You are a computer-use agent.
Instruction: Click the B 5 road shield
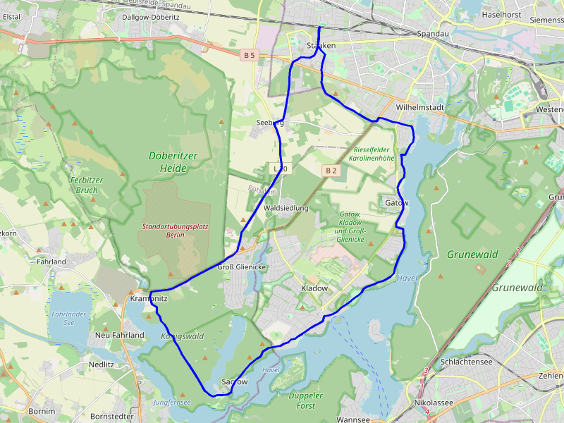249,54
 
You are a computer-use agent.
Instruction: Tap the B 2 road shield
331,171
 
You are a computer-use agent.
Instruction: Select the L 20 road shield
280,168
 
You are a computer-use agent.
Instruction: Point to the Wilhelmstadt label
420,107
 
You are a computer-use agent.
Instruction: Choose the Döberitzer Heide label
168,161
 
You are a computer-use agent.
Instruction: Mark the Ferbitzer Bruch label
87,185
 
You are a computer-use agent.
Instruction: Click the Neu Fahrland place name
120,336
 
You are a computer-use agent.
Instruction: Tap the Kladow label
314,288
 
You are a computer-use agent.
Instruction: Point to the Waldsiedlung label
286,209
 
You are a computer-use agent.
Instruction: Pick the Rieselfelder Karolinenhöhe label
374,154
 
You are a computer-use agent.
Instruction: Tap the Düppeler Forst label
306,400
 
